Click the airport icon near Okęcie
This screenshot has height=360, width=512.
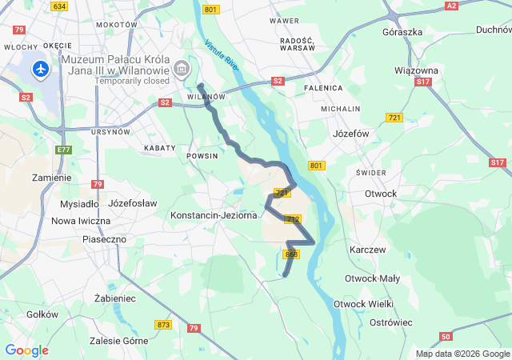click(40, 70)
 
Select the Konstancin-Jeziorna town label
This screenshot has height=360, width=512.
click(214, 215)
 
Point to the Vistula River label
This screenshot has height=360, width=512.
click(222, 56)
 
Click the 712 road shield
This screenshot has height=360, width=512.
click(292, 219)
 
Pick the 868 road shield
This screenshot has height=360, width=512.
click(290, 254)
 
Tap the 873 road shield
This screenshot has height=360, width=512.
click(164, 324)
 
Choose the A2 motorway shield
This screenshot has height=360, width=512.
click(452, 6)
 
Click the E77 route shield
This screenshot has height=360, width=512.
click(64, 149)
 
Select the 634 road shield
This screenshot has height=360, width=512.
click(58, 6)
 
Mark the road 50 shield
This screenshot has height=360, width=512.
click(446, 336)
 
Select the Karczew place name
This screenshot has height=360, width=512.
click(367, 250)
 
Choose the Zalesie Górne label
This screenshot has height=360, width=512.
click(121, 341)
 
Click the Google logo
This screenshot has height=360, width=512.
click(26, 350)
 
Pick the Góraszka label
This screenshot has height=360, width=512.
click(402, 31)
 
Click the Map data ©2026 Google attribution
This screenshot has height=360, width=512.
click(462, 354)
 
